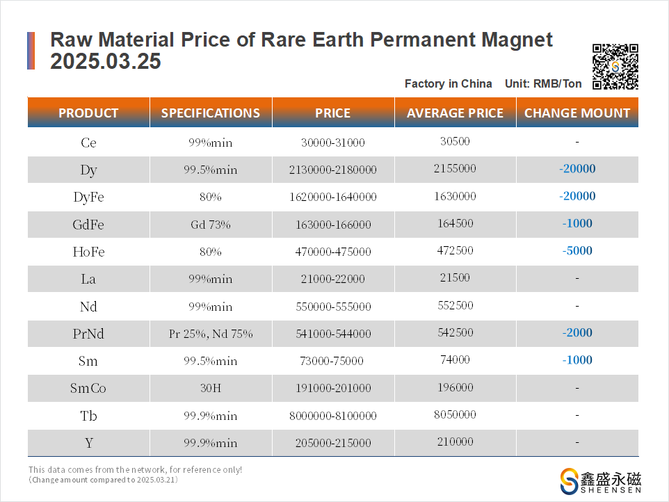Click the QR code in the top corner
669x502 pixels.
pos(615,67)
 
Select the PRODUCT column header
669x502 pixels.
pos(88,113)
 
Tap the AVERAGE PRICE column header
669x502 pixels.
pos(455,113)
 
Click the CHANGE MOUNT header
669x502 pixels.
pos(577,113)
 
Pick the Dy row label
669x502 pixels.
pos(88,169)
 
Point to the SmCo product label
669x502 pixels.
pos(88,388)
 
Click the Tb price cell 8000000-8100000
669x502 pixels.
pos(333,416)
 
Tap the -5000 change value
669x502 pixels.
pos(577,250)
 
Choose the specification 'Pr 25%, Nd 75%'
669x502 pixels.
pos(211,334)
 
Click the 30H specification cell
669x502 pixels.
pos(211,388)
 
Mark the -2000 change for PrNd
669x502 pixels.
pos(577,333)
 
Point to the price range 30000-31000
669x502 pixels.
pos(333,143)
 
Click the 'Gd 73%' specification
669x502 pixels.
pos(211,225)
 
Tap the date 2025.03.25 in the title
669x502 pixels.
pos(106,63)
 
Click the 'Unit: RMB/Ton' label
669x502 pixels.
pos(543,83)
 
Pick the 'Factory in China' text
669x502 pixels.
pos(448,83)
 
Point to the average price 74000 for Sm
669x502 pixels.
pos(456,360)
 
